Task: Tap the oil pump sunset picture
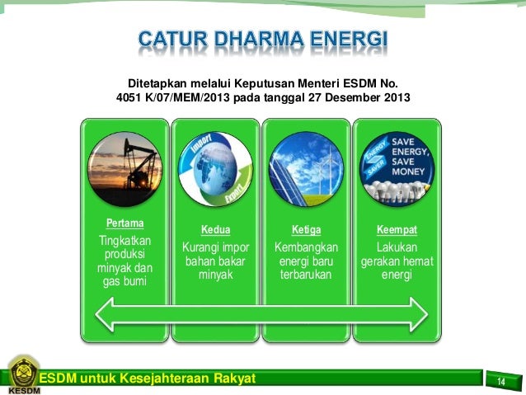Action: (124, 170)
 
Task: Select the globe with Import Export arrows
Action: (215, 170)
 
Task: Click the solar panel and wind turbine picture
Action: (306, 170)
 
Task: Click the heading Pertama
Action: (124, 223)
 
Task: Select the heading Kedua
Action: (215, 230)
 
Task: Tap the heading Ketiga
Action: (306, 230)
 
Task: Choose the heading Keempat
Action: (397, 230)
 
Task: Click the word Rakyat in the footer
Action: (229, 379)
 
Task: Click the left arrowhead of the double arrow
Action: (101, 315)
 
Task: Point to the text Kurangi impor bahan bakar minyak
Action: (215, 261)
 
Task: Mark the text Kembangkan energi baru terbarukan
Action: (306, 261)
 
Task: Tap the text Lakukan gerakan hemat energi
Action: (397, 261)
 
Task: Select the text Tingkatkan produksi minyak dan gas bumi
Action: (124, 261)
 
